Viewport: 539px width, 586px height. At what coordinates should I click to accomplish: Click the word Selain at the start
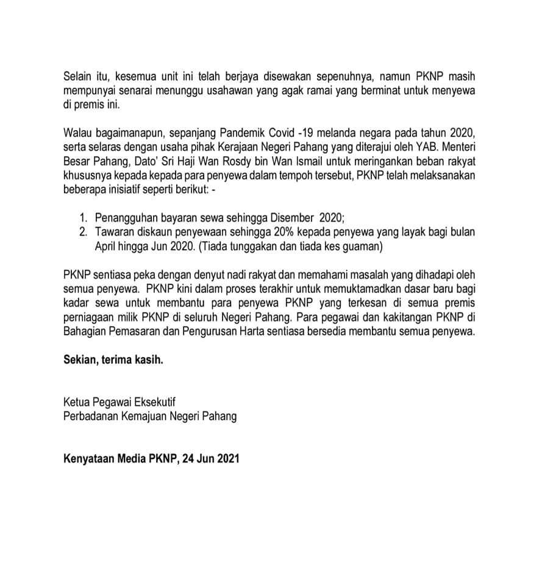pyautogui.click(x=78, y=77)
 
